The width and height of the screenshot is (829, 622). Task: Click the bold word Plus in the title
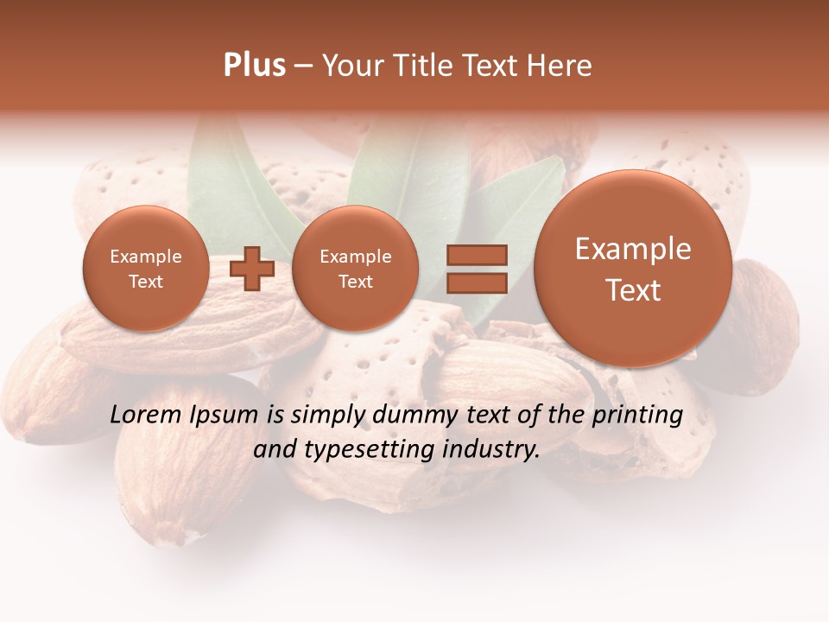tap(254, 66)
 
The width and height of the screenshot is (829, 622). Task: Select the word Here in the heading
tap(560, 66)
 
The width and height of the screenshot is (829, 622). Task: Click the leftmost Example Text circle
tap(146, 269)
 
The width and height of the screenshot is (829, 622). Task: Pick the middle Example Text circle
tap(356, 269)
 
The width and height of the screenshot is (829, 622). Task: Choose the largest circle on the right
tap(633, 269)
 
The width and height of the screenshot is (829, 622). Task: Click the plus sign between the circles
tap(252, 269)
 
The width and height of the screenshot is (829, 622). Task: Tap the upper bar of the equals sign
tap(476, 255)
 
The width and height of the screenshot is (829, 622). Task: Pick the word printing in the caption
tap(637, 416)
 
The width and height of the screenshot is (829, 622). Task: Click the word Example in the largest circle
tap(633, 249)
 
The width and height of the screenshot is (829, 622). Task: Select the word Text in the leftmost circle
tap(146, 282)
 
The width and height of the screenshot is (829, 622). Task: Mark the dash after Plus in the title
tap(303, 66)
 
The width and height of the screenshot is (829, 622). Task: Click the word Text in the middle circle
tap(356, 282)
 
